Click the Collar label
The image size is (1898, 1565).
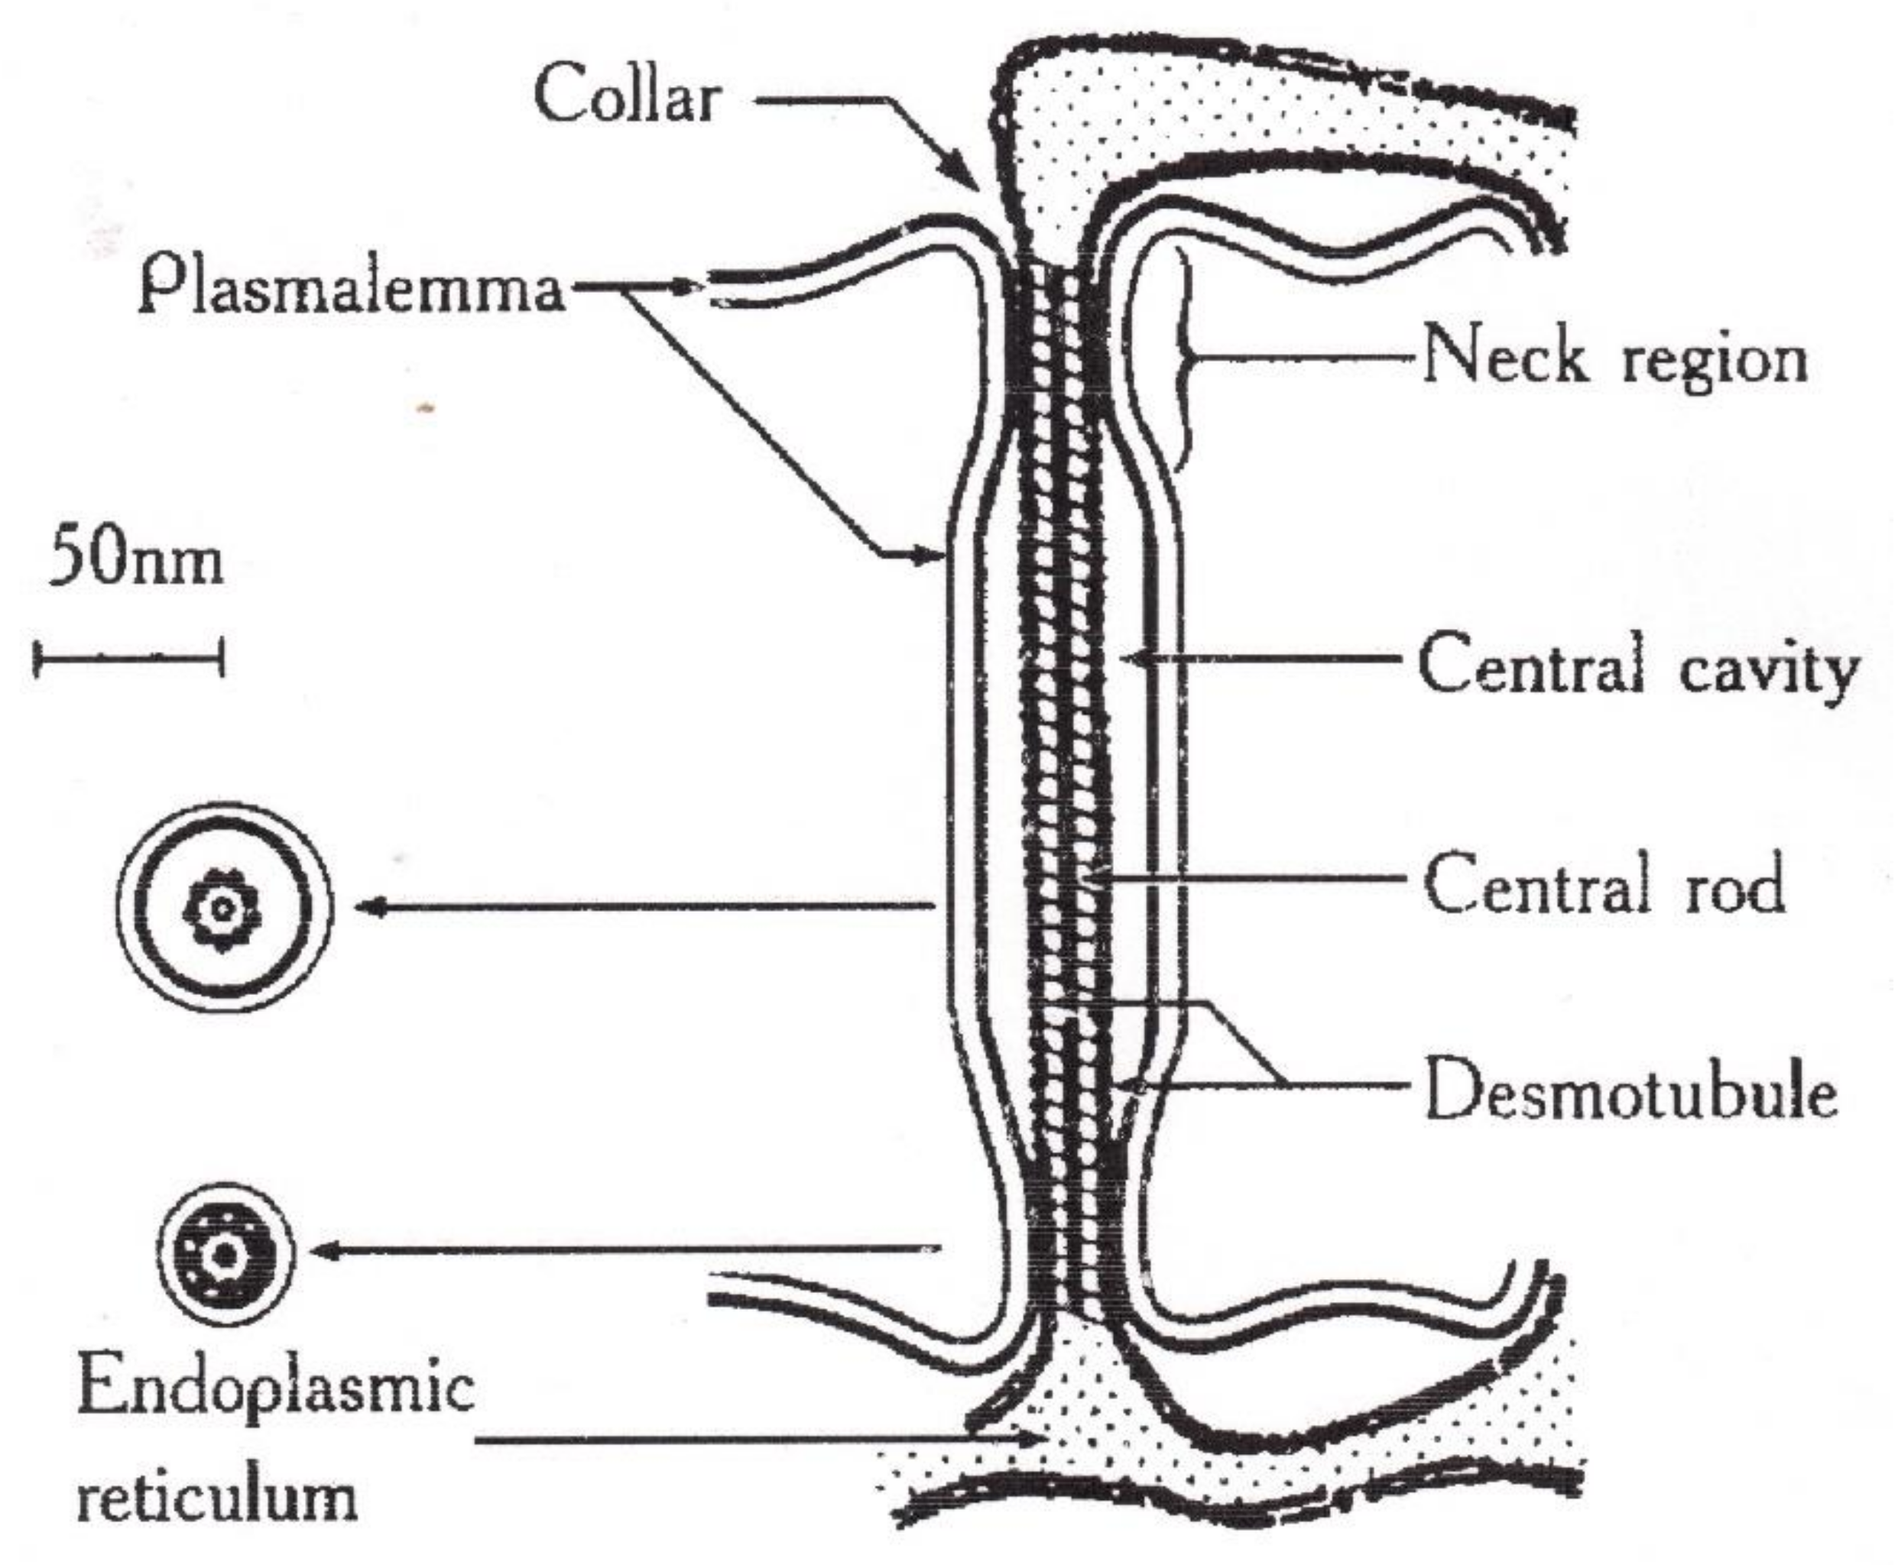coord(628,96)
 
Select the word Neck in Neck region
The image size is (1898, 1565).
coord(1503,356)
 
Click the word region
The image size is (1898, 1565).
coord(1715,361)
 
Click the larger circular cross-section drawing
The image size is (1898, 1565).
coord(224,908)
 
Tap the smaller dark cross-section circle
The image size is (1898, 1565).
coord(225,1254)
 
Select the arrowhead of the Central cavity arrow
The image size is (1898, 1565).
coord(1131,659)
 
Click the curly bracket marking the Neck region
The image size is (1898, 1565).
coord(1186,361)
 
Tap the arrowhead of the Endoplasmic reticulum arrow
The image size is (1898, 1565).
coord(1037,1440)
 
